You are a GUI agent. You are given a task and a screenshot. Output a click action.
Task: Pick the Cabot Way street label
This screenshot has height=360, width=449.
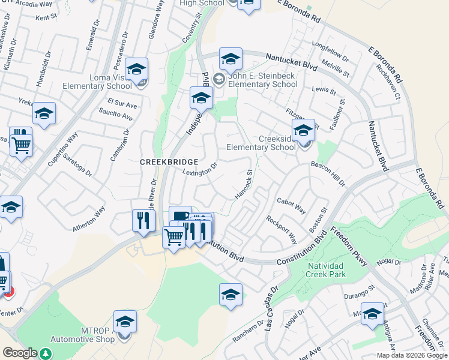[x=291, y=206]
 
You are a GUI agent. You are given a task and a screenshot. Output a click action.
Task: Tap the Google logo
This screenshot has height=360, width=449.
[x=19, y=353]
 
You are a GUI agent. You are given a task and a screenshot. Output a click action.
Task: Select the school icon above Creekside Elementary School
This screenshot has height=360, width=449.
[x=303, y=130]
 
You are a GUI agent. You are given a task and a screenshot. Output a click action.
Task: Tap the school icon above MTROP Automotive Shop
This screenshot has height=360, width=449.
[x=125, y=321]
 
